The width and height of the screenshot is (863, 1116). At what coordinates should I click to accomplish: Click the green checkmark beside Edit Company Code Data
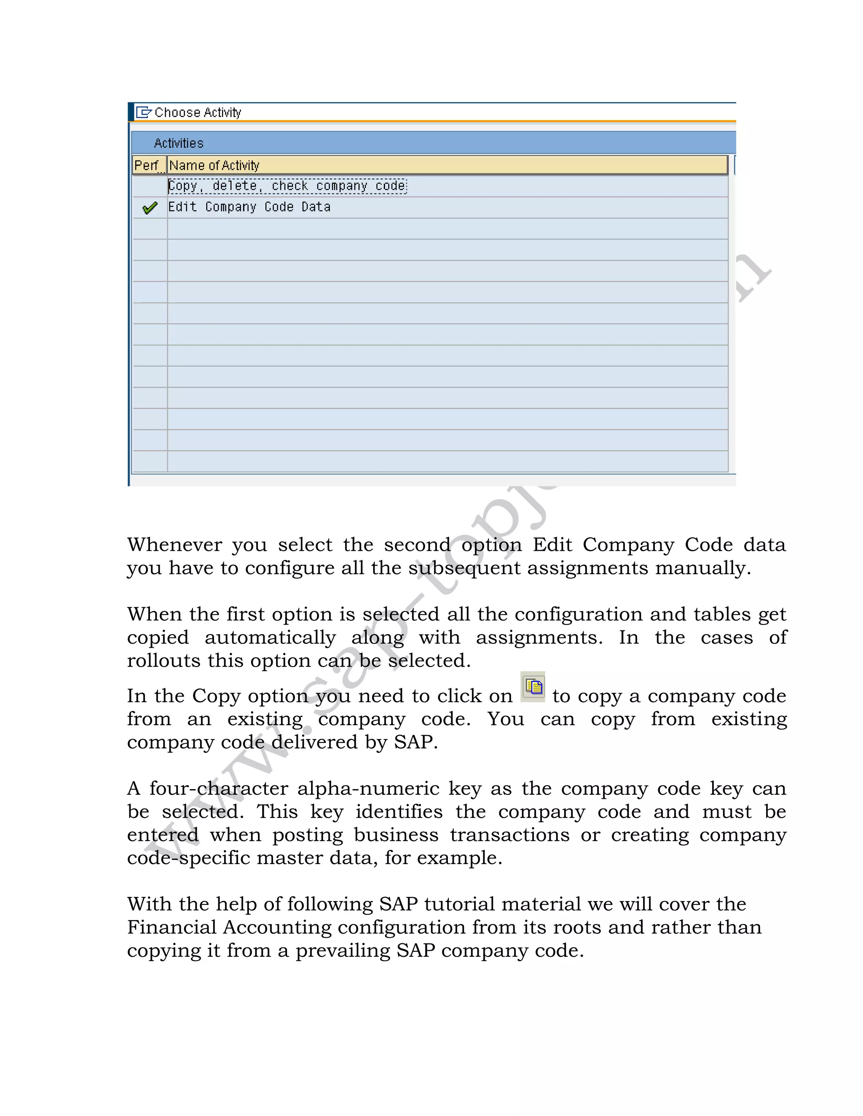[x=150, y=208]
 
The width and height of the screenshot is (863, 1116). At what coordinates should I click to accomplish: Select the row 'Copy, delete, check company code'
[x=287, y=186]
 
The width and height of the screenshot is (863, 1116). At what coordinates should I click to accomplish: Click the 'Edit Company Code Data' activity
[x=249, y=207]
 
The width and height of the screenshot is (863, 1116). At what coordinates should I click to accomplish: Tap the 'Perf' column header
[x=147, y=166]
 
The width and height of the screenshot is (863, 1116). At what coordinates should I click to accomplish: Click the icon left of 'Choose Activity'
[x=144, y=112]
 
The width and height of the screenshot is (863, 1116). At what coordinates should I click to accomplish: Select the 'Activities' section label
[x=178, y=143]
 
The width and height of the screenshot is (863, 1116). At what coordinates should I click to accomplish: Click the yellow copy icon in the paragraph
[x=533, y=687]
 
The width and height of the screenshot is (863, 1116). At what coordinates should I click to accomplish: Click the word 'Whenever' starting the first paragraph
[x=174, y=545]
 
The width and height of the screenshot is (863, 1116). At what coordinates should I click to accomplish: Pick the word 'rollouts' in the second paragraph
[x=163, y=661]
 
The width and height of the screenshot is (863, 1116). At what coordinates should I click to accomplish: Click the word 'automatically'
[x=270, y=638]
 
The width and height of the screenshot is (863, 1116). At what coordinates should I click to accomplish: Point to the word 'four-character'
[x=218, y=788]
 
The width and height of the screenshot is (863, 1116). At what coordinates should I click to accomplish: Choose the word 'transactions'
[x=510, y=835]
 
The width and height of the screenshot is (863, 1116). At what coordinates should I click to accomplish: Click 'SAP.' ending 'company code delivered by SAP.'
[x=415, y=742]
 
